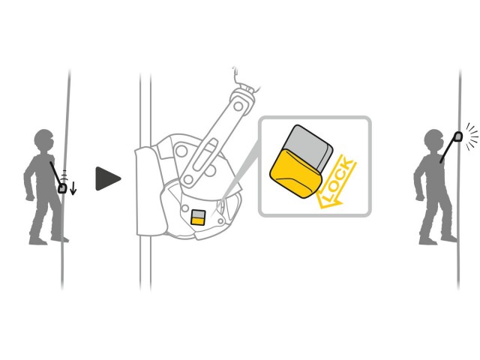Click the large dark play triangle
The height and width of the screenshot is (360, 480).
coord(107,178)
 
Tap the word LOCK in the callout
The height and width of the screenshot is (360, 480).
coord(338,181)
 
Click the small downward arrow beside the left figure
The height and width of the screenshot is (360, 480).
coord(73,188)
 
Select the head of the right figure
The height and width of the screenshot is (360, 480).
coord(434,141)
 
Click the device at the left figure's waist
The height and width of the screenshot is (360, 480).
coord(62,188)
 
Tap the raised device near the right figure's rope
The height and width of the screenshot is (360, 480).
coord(458,136)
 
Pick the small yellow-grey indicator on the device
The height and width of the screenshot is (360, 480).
coord(198,217)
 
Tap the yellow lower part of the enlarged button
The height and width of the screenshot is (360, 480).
coord(295,174)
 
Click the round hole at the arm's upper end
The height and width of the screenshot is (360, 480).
coord(238,106)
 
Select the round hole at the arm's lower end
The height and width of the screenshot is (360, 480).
coord(188,178)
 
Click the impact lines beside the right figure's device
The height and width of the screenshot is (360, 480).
coord(472,136)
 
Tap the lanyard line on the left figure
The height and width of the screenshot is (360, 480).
coord(55,174)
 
